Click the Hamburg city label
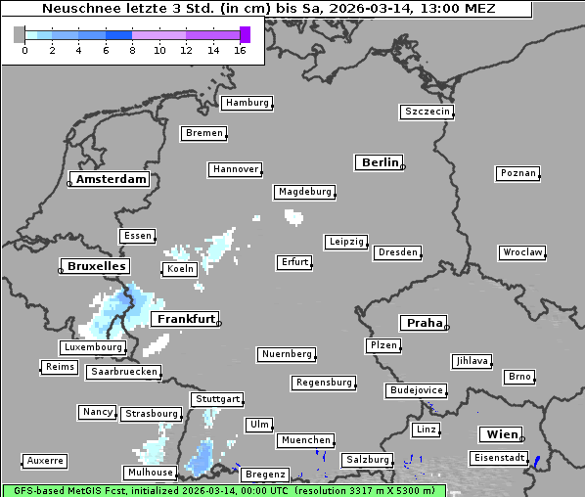[x=246, y=103]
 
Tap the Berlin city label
[x=380, y=162]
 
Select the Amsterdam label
[x=111, y=179]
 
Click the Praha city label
[x=423, y=323]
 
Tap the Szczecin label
[x=427, y=112]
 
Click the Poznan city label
[x=517, y=173]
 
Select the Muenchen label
[x=305, y=440]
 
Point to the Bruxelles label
[x=95, y=266]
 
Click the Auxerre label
[x=45, y=460]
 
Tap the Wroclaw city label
[x=521, y=252]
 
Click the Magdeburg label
[x=304, y=192]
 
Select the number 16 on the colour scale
[x=240, y=50]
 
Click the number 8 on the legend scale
[x=132, y=50]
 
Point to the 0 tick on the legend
[x=24, y=50]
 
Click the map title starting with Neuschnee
[x=268, y=9]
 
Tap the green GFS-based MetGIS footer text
[x=223, y=490]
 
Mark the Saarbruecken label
[x=123, y=372]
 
